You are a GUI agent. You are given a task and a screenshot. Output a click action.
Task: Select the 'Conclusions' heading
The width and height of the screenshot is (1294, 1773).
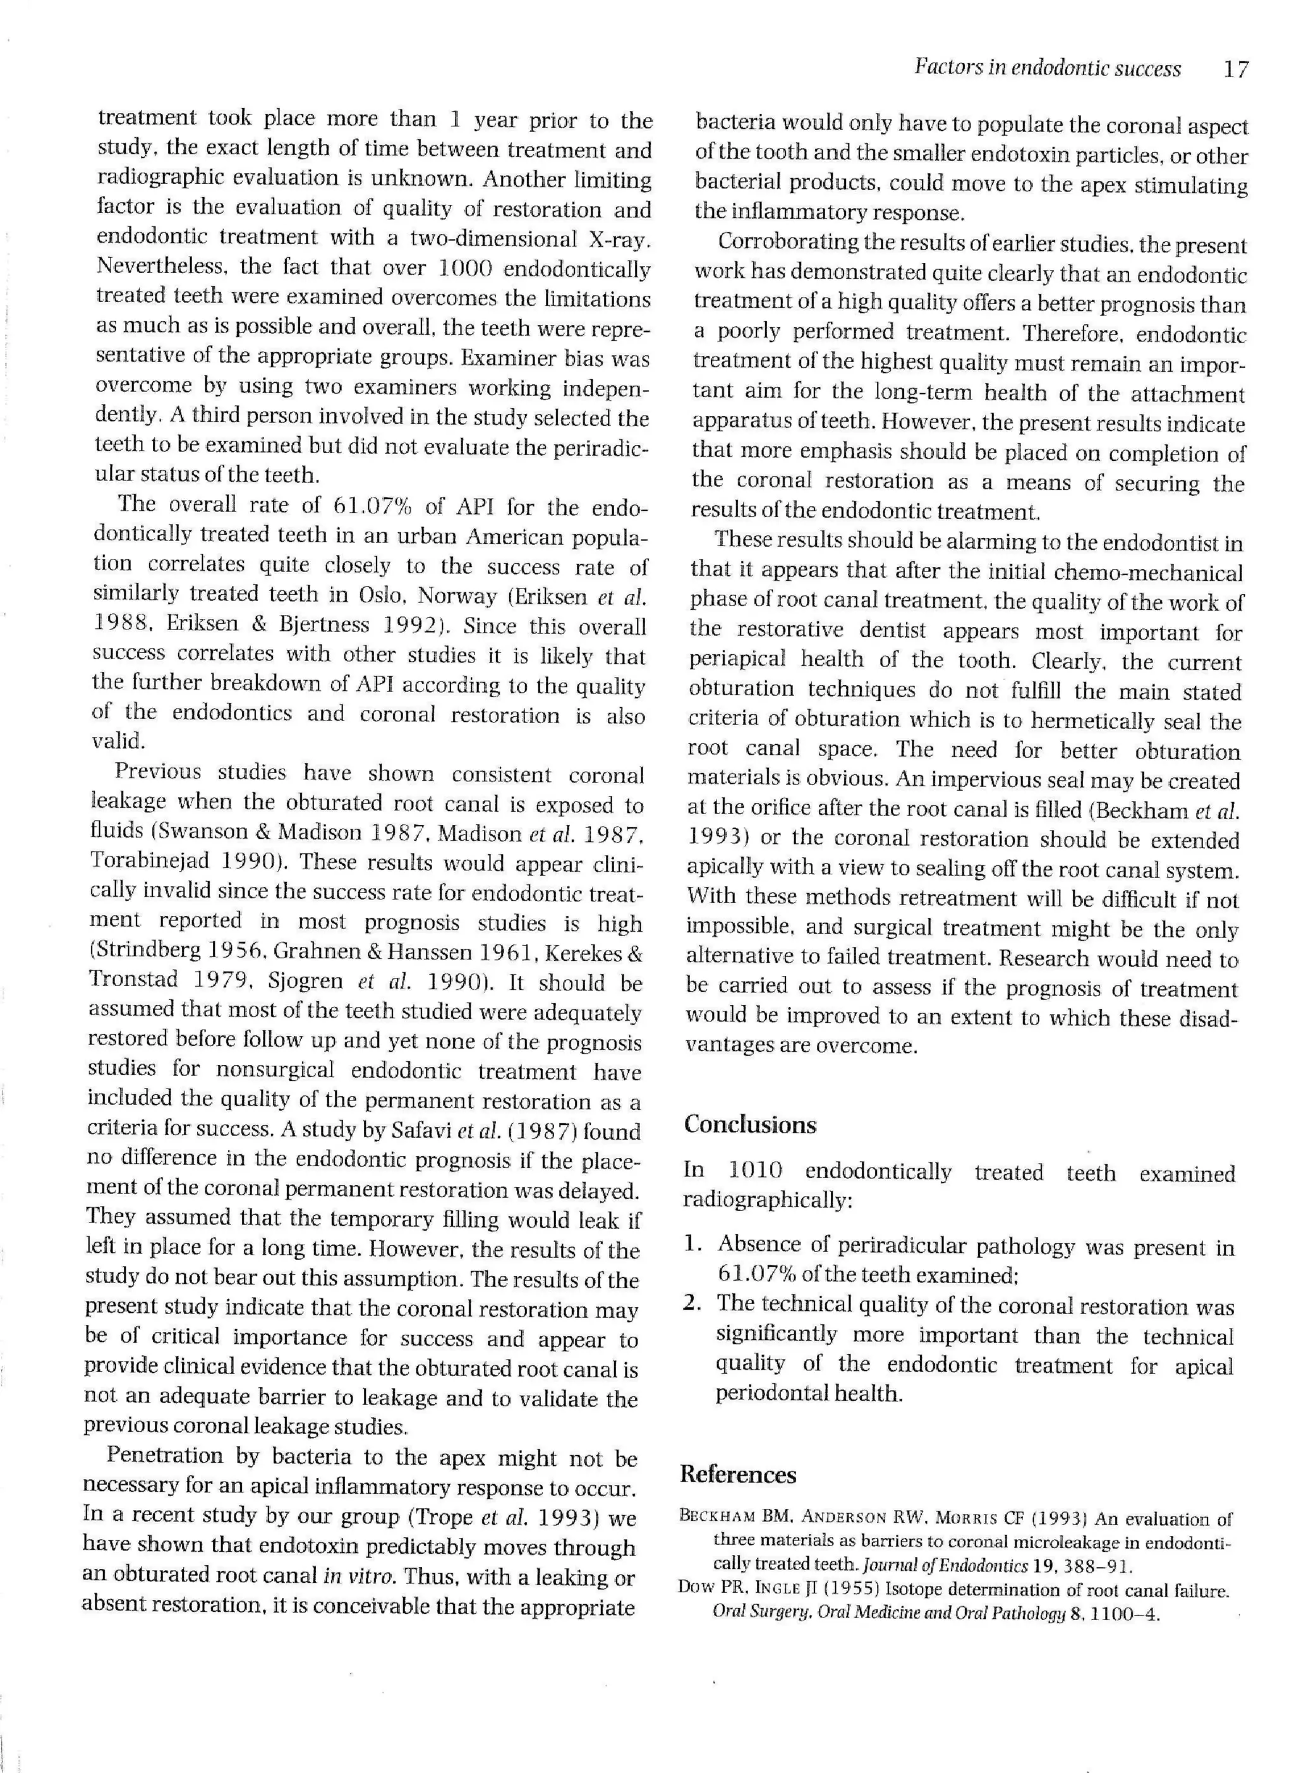pos(749,1124)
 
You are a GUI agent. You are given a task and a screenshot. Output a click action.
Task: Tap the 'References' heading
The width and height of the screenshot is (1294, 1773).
pos(738,1475)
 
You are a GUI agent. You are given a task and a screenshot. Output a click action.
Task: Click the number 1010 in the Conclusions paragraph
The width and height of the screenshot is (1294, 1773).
pos(755,1171)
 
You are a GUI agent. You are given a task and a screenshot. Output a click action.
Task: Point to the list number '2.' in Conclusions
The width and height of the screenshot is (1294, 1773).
pos(692,1304)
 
